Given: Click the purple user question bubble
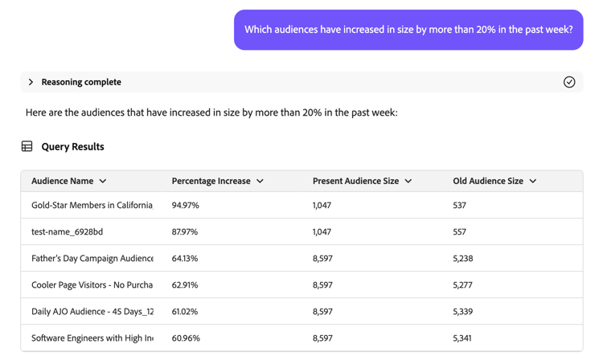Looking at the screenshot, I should tap(408, 30).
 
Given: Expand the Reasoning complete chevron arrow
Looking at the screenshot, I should tap(31, 82).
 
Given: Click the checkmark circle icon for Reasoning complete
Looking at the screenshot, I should tap(569, 82).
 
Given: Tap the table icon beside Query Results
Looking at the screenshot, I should tap(27, 147).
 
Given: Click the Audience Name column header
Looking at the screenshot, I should tap(63, 182).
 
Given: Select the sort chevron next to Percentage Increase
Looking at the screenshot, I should tap(260, 182).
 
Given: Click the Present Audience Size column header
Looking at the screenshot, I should tap(355, 182).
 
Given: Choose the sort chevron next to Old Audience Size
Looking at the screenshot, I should tap(533, 182).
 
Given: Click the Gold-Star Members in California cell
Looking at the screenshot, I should tap(92, 206).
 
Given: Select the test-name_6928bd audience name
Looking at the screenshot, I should tap(67, 232).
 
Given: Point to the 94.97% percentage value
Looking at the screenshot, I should tap(186, 206).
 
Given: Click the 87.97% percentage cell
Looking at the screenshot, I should tap(186, 232).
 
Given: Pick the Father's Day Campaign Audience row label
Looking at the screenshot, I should tap(92, 259).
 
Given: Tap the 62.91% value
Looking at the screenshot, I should tap(185, 285).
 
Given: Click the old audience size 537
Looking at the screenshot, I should tap(460, 206).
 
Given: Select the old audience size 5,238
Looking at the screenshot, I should tap(462, 259).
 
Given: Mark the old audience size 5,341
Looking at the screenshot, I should tap(462, 338).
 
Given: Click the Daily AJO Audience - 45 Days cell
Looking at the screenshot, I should tap(92, 312).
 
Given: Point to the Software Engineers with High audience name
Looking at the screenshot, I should tap(92, 338).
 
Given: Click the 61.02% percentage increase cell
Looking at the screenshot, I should tap(185, 312).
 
